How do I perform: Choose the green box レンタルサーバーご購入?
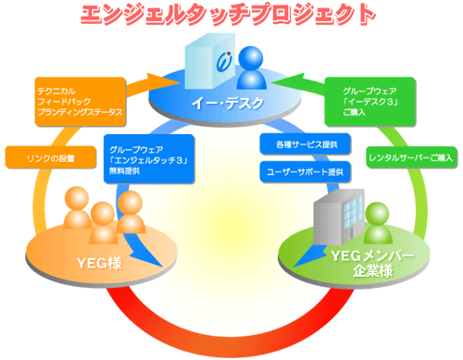point(408,156)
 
